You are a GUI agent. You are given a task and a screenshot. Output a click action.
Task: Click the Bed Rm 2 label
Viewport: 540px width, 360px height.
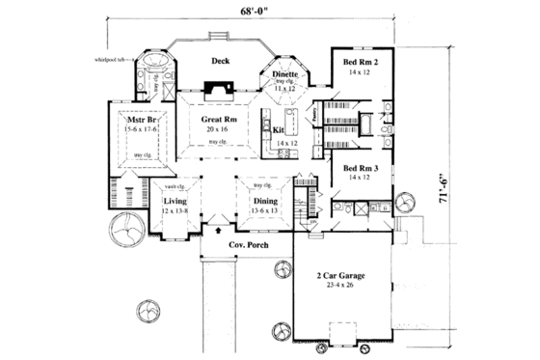tap(361, 62)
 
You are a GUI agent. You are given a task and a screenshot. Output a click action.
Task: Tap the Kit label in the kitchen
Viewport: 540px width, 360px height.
tap(279, 129)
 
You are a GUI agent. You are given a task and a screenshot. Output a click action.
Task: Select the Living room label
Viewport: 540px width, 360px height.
tap(175, 201)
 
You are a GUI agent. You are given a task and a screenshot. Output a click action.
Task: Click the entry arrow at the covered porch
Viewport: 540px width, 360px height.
tap(219, 231)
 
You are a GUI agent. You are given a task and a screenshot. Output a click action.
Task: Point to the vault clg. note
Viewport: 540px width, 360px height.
tap(175, 185)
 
